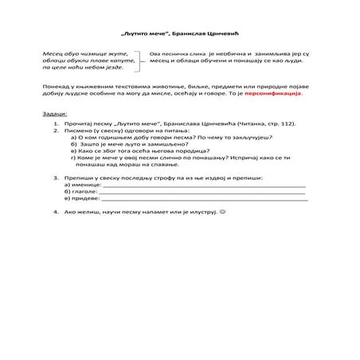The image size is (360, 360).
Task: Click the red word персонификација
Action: pyautogui.click(x=276, y=92)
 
